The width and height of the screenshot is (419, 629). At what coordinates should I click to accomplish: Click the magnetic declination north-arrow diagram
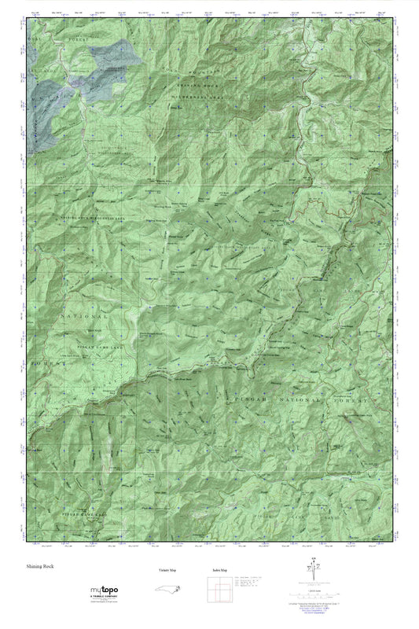coord(318,572)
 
